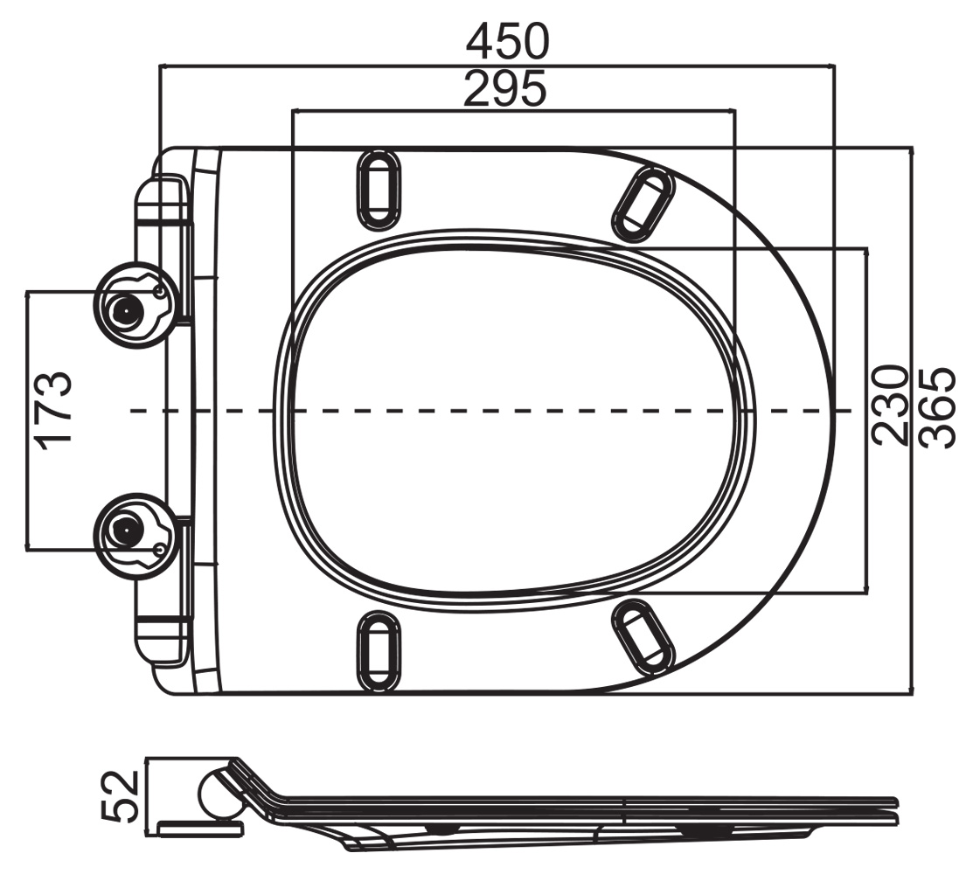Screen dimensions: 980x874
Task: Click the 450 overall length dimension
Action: (508, 41)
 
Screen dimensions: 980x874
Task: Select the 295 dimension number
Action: (505, 88)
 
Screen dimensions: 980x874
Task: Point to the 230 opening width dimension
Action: (889, 406)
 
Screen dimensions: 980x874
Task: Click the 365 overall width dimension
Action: (937, 408)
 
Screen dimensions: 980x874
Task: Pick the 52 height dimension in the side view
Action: (120, 795)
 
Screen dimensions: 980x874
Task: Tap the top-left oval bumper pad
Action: (379, 188)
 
